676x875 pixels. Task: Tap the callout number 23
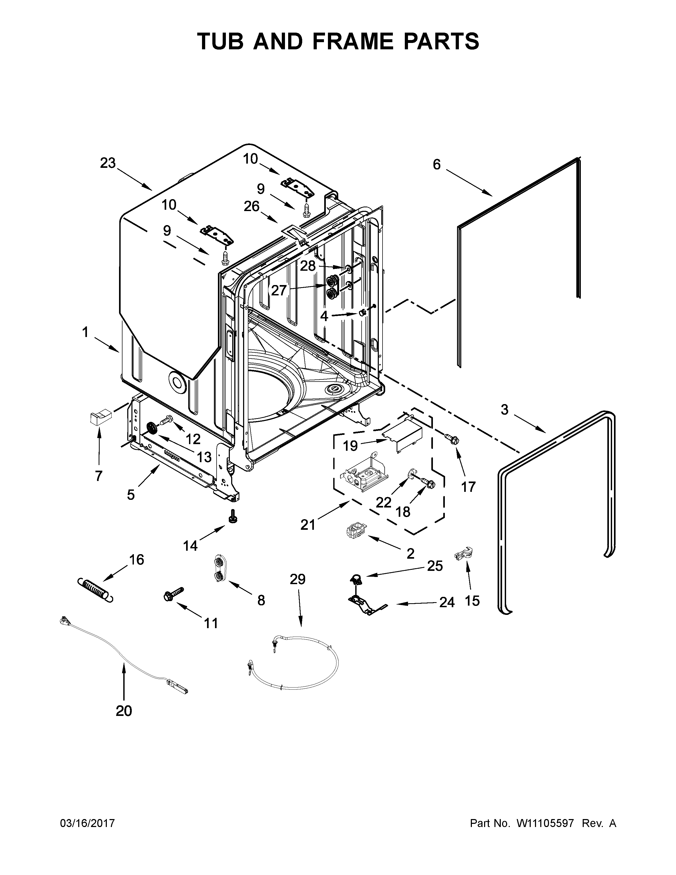(107, 163)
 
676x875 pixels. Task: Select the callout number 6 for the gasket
(437, 164)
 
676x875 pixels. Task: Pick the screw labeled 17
(453, 438)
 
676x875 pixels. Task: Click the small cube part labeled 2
(354, 531)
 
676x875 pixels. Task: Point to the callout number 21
(308, 524)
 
